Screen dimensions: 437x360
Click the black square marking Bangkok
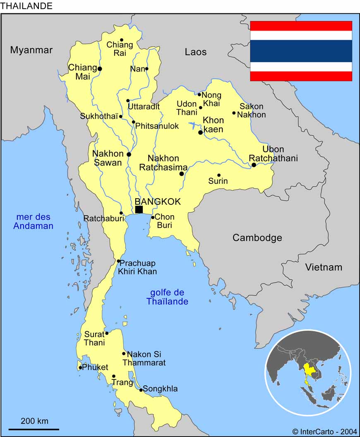pyautogui.click(x=139, y=209)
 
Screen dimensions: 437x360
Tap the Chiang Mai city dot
pyautogui.click(x=100, y=69)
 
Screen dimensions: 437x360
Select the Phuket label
pyautogui.click(x=95, y=367)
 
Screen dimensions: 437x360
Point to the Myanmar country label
pyautogui.click(x=31, y=50)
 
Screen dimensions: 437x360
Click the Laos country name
pyautogui.click(x=196, y=52)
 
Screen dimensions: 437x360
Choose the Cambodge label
pyautogui.click(x=257, y=238)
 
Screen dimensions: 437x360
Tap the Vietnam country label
pyautogui.click(x=324, y=267)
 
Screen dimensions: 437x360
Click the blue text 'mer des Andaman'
pyautogui.click(x=33, y=221)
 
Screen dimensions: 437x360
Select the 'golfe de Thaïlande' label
pyautogui.click(x=167, y=297)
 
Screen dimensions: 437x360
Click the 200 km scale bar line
pyautogui.click(x=34, y=429)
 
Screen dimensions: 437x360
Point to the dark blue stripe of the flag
pyautogui.click(x=301, y=51)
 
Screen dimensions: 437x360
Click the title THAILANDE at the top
pyautogui.click(x=26, y=6)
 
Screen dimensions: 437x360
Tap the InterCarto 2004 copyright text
pyautogui.click(x=325, y=431)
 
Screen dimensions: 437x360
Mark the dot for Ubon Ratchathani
pyautogui.click(x=254, y=165)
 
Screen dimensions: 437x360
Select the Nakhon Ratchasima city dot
pyautogui.click(x=182, y=174)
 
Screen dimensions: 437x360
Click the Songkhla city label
pyautogui.click(x=160, y=389)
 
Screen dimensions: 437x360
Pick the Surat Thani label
pyautogui.click(x=94, y=338)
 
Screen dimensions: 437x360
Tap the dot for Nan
pyautogui.click(x=146, y=69)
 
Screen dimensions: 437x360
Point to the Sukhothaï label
pyautogui.click(x=99, y=116)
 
